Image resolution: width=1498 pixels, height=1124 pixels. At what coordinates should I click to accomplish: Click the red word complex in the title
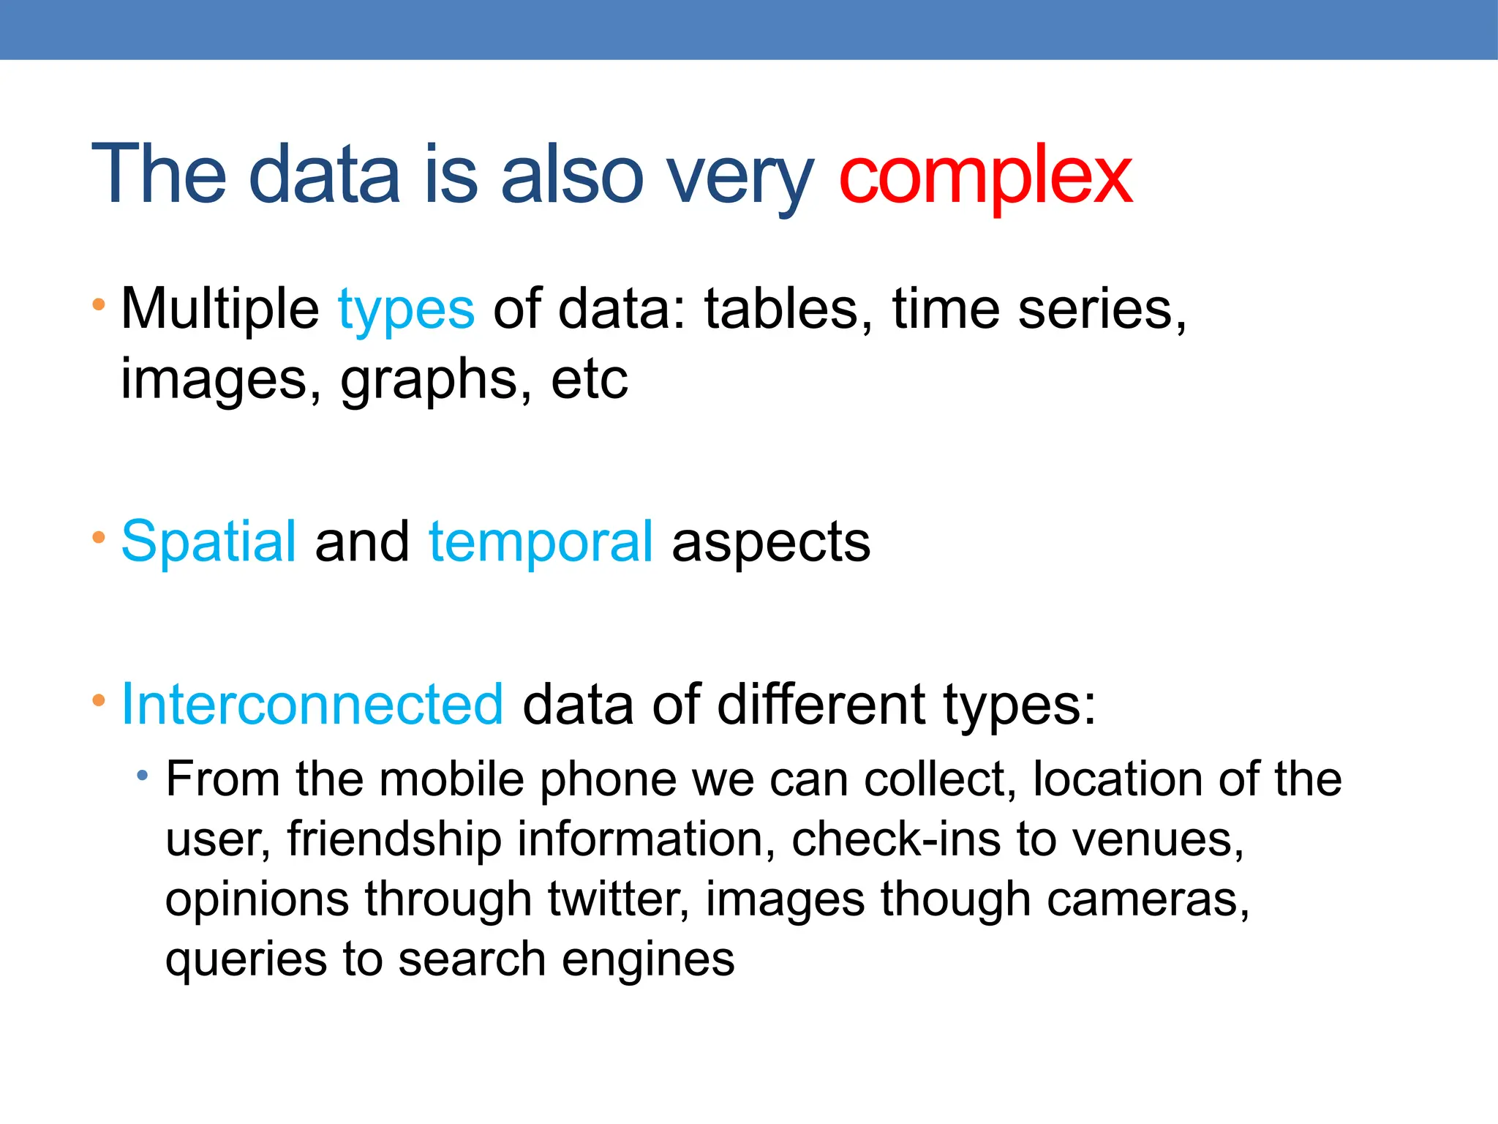(x=985, y=176)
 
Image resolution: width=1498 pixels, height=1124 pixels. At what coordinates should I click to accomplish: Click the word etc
(x=590, y=381)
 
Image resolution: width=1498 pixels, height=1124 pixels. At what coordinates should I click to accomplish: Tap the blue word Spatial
(x=208, y=542)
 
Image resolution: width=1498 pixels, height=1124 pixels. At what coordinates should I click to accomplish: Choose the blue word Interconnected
(x=312, y=705)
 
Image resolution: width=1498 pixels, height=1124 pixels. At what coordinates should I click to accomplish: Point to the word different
(x=821, y=705)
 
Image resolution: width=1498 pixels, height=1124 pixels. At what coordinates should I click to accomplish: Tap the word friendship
(x=394, y=839)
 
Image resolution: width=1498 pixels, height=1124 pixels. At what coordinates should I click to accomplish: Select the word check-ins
(x=896, y=839)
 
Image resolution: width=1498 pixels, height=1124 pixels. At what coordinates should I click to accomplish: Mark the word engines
(x=648, y=959)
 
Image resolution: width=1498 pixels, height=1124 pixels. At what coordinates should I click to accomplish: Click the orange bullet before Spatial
(x=99, y=539)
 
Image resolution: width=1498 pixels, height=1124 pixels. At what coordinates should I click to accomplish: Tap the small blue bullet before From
(x=143, y=775)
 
